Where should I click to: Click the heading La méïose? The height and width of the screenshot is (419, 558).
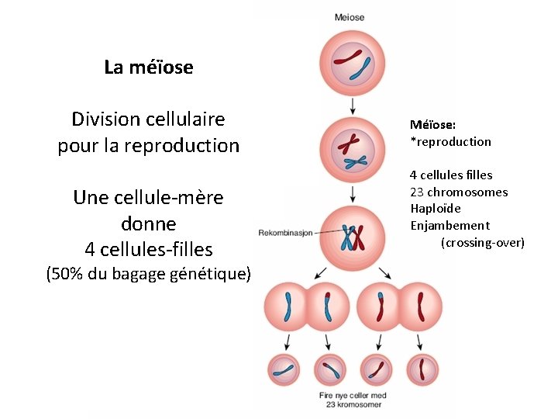click(148, 68)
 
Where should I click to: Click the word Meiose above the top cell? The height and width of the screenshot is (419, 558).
click(350, 17)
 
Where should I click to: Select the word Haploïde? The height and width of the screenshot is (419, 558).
click(435, 209)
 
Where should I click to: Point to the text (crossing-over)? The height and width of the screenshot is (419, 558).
click(483, 243)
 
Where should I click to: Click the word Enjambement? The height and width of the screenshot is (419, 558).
click(449, 226)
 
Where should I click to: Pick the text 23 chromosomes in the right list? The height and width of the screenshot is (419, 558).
click(459, 192)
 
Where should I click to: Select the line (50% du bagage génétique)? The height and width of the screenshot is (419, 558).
click(149, 273)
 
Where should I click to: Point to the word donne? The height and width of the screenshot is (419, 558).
click(149, 224)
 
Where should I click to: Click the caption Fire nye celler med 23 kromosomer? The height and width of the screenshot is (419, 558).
click(353, 400)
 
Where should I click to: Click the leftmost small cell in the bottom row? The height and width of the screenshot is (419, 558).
click(286, 370)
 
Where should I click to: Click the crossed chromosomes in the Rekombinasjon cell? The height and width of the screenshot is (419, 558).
click(353, 235)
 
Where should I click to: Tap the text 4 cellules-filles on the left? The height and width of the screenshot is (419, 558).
click(149, 249)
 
